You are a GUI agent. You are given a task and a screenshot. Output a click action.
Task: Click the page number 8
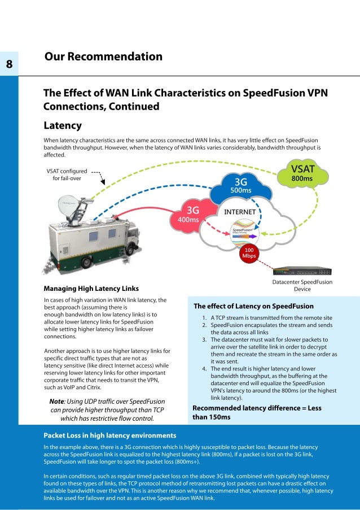click(x=10, y=63)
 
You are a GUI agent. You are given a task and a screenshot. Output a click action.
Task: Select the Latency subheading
click(x=63, y=125)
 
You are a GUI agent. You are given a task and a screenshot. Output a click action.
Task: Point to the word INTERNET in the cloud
click(x=241, y=212)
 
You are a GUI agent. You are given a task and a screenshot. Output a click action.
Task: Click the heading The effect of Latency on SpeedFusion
click(x=253, y=306)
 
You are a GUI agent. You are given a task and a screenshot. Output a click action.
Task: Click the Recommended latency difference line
click(x=258, y=412)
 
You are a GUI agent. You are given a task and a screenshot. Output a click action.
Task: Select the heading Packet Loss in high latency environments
click(x=110, y=435)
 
